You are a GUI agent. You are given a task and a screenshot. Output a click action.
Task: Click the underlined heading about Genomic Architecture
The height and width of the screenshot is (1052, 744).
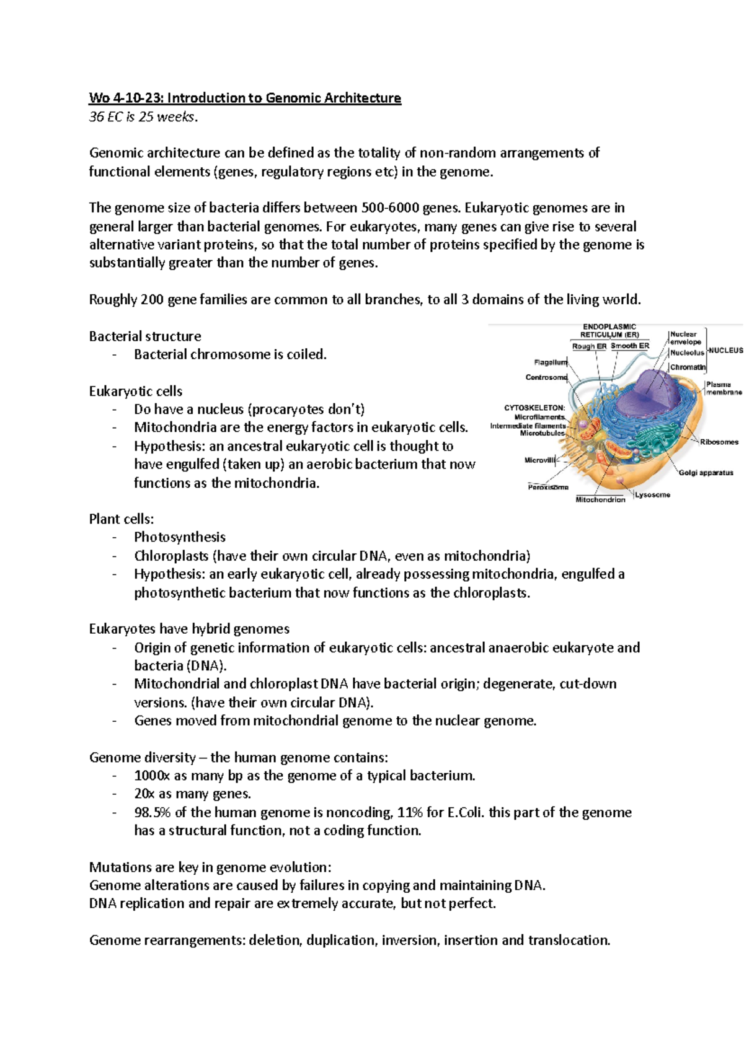(245, 98)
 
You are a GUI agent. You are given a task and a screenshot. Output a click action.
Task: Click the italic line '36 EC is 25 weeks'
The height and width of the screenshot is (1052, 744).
(144, 116)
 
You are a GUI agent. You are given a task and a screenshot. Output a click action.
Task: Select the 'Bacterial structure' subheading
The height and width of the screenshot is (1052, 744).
(145, 336)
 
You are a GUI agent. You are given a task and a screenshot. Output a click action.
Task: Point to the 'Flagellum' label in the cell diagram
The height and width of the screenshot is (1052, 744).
(551, 362)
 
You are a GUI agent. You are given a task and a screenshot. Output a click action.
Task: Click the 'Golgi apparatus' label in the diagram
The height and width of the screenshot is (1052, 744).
(706, 473)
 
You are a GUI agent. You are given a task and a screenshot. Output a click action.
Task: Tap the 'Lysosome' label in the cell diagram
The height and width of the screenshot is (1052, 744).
(652, 495)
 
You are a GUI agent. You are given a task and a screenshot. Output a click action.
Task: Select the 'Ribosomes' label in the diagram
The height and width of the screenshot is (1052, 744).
(719, 442)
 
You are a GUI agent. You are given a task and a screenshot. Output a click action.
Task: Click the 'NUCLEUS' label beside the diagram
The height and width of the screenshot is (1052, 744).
(725, 351)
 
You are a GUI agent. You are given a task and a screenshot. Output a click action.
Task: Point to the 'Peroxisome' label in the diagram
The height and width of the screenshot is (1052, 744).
(548, 488)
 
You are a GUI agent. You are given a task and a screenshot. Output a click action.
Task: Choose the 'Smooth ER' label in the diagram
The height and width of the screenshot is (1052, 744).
(630, 346)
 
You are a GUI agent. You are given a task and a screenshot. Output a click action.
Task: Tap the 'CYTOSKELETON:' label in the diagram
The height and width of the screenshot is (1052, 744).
(534, 408)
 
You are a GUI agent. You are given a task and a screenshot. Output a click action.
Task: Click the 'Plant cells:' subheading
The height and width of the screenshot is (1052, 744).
(122, 519)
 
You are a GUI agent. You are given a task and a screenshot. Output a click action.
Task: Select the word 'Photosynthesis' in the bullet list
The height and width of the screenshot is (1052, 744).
(180, 537)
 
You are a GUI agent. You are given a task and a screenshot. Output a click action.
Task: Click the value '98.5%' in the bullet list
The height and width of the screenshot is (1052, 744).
(153, 812)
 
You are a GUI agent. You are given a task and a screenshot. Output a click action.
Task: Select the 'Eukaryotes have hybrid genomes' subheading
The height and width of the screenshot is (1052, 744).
(189, 629)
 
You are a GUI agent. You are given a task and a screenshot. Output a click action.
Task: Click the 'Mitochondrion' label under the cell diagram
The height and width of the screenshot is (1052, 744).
(600, 500)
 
